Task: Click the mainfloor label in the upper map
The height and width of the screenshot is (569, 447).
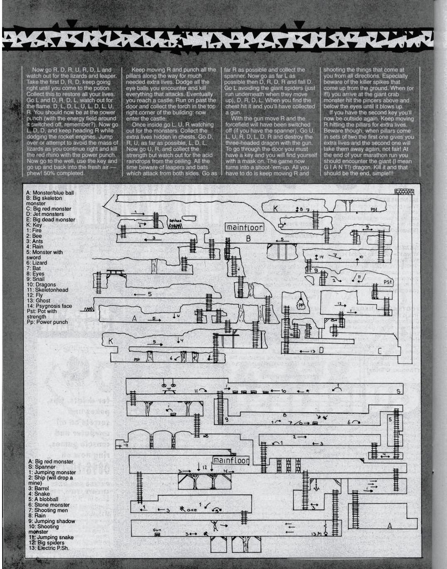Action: click(x=245, y=227)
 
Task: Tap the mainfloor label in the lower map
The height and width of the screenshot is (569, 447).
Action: click(x=231, y=461)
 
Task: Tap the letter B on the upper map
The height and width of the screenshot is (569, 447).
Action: click(x=248, y=239)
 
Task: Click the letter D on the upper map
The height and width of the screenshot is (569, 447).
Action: click(x=321, y=350)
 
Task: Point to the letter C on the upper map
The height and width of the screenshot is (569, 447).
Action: click(x=379, y=350)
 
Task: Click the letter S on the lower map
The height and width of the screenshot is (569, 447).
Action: click(x=398, y=391)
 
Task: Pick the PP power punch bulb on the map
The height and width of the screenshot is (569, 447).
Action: click(x=301, y=305)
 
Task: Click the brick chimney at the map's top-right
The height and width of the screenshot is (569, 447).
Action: click(x=401, y=192)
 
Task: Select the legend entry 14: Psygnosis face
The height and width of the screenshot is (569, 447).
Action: click(x=49, y=306)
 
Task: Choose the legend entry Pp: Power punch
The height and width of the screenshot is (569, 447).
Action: click(x=47, y=322)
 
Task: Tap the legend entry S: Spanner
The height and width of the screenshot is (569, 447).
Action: click(x=42, y=467)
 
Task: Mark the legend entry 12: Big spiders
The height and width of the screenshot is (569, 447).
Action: click(x=47, y=542)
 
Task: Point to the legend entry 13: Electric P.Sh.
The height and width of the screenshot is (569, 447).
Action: click(x=49, y=548)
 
